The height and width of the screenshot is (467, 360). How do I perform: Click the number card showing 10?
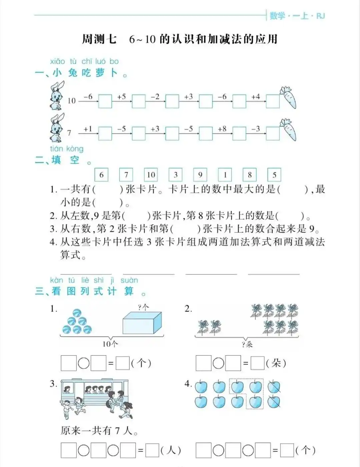click(x=151, y=175)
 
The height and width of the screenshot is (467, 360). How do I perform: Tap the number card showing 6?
click(x=101, y=175)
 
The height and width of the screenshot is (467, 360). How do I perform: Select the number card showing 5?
click(x=274, y=175)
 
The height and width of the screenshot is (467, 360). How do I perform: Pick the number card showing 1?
click(x=225, y=175)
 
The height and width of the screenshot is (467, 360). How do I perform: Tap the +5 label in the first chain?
click(x=121, y=97)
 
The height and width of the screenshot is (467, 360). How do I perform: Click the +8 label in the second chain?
click(x=222, y=129)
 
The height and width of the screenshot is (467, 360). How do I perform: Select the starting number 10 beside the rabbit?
click(x=72, y=101)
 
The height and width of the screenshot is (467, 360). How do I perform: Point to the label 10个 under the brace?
click(x=110, y=344)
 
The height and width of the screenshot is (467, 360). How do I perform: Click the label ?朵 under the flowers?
click(x=247, y=344)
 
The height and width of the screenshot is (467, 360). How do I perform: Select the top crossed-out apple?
click(x=274, y=387)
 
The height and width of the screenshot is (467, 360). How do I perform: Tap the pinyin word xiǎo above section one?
click(x=57, y=61)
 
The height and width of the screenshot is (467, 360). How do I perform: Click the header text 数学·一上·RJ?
click(x=297, y=16)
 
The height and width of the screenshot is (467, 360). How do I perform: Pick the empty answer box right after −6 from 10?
click(x=105, y=101)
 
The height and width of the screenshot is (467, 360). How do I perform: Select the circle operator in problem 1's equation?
click(x=84, y=363)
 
